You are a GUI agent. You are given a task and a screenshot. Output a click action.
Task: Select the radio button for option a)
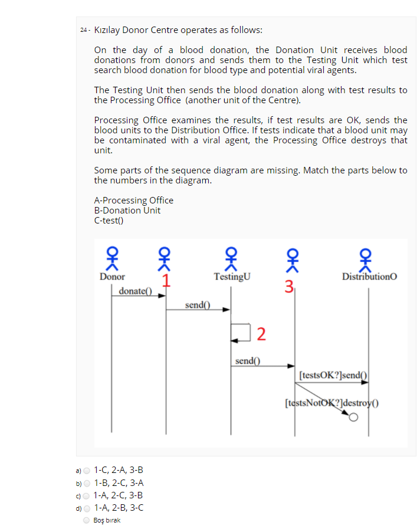pos(86,470)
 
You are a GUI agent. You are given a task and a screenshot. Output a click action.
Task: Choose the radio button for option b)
pos(86,482)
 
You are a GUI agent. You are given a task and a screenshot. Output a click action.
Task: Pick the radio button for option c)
pos(86,495)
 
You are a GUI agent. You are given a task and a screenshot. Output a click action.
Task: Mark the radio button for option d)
pos(86,508)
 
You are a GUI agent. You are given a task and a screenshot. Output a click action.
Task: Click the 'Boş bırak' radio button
pos(86,520)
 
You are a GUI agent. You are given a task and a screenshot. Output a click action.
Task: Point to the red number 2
pos(261,334)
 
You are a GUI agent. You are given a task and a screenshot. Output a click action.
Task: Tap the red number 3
pos(288,288)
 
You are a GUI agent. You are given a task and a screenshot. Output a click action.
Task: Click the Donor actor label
pos(112,276)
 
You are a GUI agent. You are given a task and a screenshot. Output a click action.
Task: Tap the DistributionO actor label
pos(369,276)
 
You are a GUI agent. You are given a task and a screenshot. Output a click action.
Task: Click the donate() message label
pos(135,291)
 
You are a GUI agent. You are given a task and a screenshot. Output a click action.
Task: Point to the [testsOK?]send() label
pos(333,374)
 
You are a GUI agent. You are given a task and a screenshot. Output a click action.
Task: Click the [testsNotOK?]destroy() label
pos(331,404)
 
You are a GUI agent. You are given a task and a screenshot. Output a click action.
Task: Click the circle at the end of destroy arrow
pos(353,418)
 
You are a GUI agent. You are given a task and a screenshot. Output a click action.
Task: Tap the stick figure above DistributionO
pos(369,258)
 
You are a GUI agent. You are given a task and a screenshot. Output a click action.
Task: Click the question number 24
pos(84,30)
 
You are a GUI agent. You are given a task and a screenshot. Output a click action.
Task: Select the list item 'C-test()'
pos(109,221)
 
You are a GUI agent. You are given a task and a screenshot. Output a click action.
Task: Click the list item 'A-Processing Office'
pos(133,200)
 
